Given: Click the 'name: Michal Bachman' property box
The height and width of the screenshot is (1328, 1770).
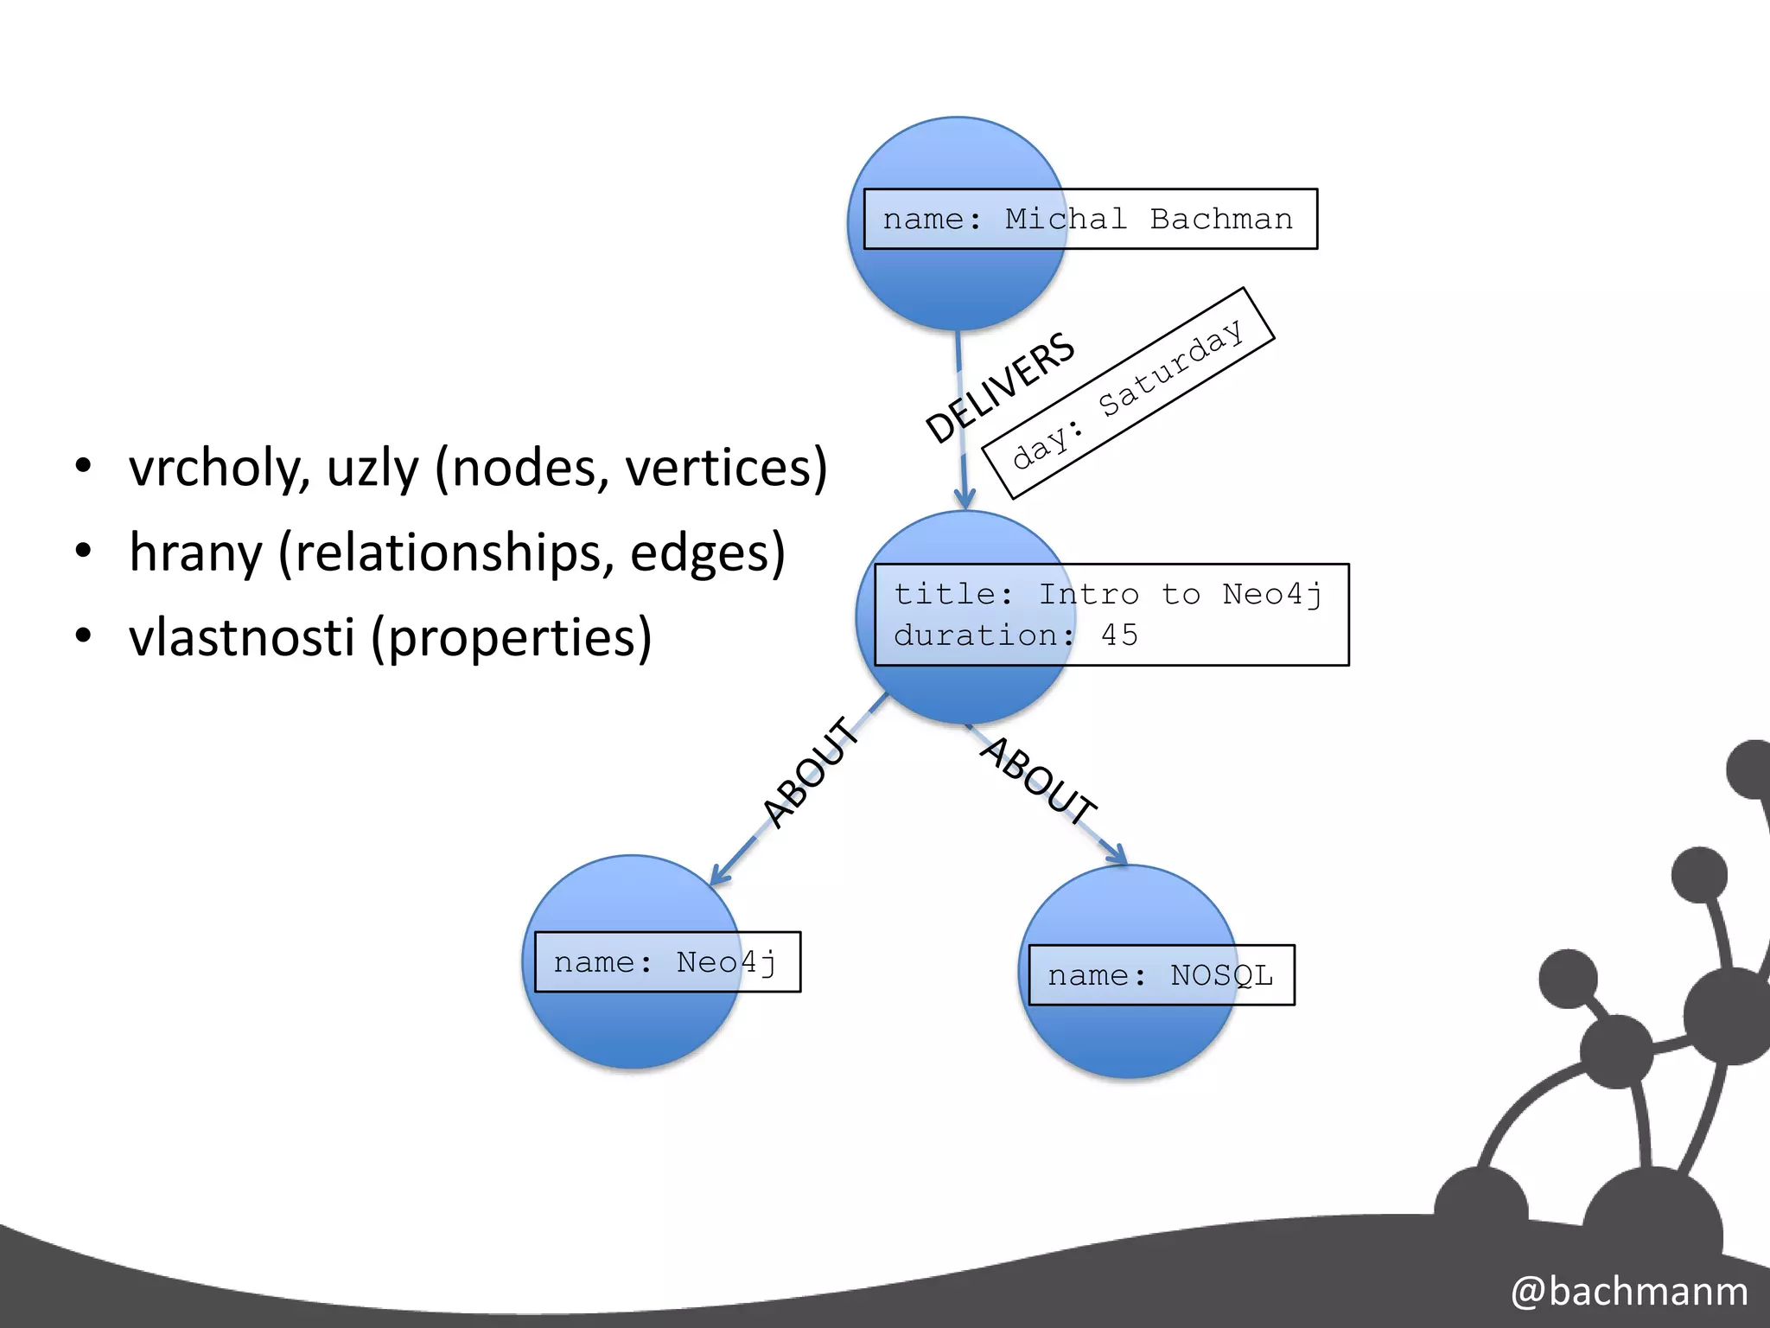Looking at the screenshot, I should tap(1090, 219).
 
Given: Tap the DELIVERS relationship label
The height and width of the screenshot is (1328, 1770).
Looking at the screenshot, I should tap(1000, 387).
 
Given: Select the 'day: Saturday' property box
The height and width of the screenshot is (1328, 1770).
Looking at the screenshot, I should tap(1128, 393).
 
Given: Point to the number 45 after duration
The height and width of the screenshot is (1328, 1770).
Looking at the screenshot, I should tap(1119, 635).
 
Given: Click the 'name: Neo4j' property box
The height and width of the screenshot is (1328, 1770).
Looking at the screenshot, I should tap(666, 961).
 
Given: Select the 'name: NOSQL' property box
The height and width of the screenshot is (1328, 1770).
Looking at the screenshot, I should tap(1161, 975).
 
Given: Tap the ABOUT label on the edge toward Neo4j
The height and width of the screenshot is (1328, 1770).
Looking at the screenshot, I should tap(811, 772).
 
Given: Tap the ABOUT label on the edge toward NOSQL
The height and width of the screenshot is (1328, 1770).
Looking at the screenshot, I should tap(1038, 780).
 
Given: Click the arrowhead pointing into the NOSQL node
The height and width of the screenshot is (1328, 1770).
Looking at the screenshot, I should tap(1119, 855).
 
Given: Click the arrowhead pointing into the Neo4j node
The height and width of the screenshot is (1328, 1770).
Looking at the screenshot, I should tap(717, 877).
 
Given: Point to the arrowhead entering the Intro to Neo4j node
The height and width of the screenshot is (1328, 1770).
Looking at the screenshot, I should tap(965, 499).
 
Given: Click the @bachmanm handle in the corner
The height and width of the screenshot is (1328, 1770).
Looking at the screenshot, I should tap(1629, 1291).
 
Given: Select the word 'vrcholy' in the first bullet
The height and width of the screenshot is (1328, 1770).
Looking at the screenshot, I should tap(220, 468).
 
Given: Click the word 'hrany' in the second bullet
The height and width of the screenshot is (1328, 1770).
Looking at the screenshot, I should tap(195, 553).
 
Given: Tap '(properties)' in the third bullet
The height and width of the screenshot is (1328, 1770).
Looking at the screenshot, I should tap(511, 637).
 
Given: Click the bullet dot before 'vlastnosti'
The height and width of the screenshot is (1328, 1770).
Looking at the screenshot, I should tap(83, 636).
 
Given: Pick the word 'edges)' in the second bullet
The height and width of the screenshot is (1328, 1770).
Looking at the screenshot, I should tap(707, 552).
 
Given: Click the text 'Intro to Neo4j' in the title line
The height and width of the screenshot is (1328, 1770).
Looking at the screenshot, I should tap(1180, 595).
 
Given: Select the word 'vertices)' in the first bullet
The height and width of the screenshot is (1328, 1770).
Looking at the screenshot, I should tap(726, 468).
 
